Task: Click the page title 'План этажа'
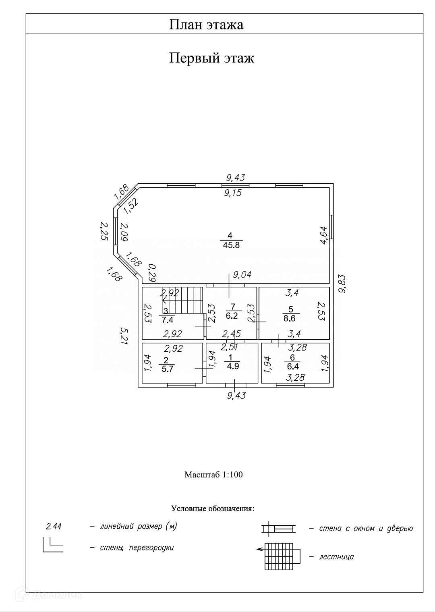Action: pos(206,25)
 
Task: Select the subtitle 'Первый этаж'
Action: pos(211,58)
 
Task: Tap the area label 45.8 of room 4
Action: pos(230,245)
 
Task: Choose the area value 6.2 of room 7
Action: pos(232,316)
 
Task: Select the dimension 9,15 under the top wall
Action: pos(233,193)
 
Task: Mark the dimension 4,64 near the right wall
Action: pos(323,235)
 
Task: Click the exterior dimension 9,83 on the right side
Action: pos(342,284)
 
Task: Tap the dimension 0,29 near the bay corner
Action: pos(152,273)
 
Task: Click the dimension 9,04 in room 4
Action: pos(242,275)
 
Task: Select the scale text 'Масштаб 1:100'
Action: pos(213,475)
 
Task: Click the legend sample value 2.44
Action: pos(54,526)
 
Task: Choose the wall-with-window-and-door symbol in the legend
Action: pos(278,528)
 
